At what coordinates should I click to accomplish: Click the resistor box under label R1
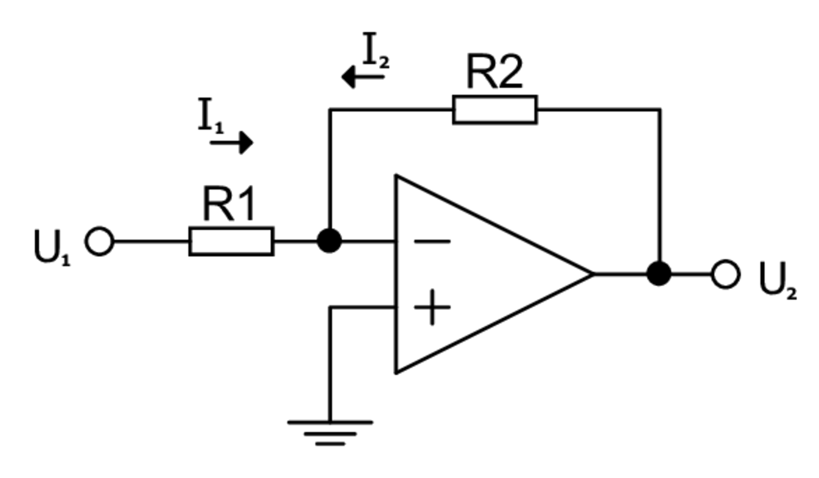[x=231, y=241]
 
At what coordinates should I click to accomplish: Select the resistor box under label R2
[x=495, y=110]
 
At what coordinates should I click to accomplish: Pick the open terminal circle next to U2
[x=726, y=274]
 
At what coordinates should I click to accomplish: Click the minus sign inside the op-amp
[x=432, y=241]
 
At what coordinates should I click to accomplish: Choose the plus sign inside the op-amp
[x=432, y=307]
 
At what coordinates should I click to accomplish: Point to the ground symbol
[x=330, y=432]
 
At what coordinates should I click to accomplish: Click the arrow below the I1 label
[x=231, y=143]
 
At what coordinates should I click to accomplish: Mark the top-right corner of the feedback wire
[x=660, y=110]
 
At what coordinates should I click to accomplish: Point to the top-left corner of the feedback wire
[x=330, y=110]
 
